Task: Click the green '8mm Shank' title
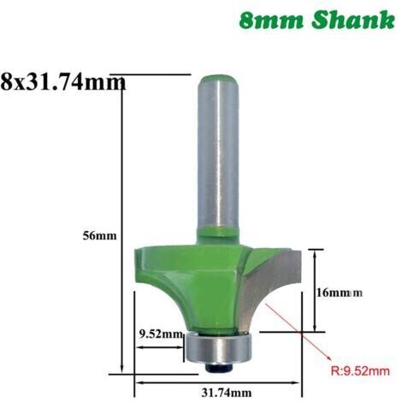(316, 21)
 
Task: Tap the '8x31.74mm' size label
(63, 81)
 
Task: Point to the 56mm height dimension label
(99, 236)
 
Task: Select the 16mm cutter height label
(340, 293)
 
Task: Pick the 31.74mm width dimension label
(227, 393)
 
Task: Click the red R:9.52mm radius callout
(360, 371)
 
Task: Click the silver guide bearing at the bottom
(217, 347)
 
